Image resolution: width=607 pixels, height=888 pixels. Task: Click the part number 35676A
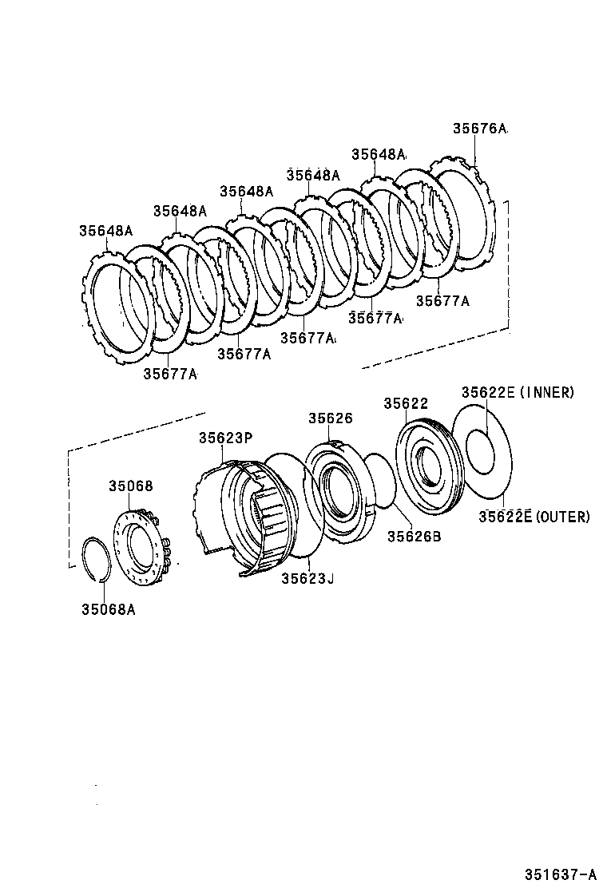tap(479, 129)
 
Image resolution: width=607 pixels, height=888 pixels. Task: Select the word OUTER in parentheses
tap(562, 517)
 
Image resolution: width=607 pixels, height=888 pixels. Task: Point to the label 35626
tap(331, 418)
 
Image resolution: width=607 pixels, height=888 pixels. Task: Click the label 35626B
tap(414, 536)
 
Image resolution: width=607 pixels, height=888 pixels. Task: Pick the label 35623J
tap(307, 578)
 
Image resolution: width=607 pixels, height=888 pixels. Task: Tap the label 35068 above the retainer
tap(131, 486)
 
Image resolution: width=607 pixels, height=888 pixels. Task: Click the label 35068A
tap(107, 609)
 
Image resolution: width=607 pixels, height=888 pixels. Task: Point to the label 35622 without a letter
tap(406, 404)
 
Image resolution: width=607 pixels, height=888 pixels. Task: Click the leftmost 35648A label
tap(105, 231)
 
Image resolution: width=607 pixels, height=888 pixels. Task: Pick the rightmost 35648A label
tap(378, 154)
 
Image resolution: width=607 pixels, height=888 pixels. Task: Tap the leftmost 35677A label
tap(170, 373)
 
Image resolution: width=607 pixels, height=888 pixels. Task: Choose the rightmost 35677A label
tap(442, 301)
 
